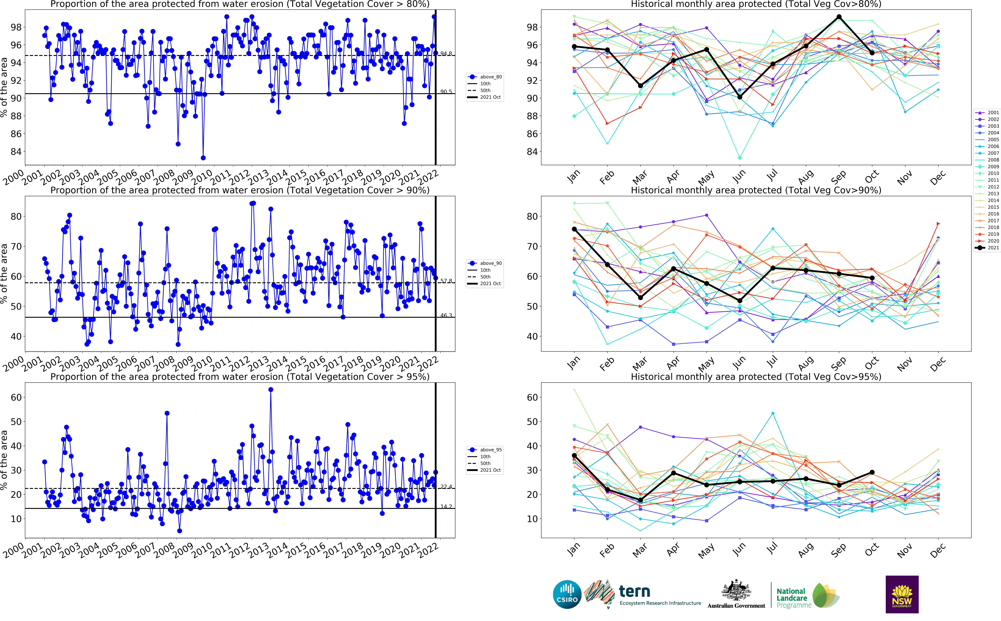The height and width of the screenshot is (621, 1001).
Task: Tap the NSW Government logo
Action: (902, 594)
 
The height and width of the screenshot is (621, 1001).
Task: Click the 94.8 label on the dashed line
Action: (446, 54)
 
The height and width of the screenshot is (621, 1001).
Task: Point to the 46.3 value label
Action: (446, 315)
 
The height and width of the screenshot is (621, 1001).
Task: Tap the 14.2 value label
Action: (446, 506)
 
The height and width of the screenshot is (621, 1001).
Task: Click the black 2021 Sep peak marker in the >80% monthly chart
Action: (839, 17)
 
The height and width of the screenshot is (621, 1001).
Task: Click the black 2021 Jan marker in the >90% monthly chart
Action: (574, 229)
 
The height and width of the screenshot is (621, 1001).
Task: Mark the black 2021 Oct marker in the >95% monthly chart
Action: (872, 472)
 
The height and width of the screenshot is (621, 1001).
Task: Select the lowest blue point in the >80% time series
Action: (203, 158)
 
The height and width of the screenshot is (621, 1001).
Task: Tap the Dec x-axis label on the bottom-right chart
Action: (937, 550)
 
